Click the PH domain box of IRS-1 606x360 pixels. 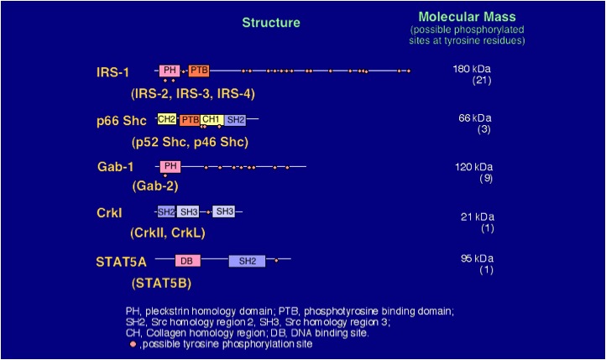(170, 70)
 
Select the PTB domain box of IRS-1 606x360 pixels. (199, 70)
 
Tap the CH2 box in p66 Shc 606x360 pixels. (166, 119)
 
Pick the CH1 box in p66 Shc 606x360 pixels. (212, 120)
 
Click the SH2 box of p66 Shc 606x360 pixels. (235, 120)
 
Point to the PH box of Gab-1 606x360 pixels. (170, 166)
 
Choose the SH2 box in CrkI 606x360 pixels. (166, 211)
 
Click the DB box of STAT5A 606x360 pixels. (188, 261)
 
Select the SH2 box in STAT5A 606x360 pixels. (247, 261)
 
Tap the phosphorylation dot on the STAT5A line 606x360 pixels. (276, 261)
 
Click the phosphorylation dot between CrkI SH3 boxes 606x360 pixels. (208, 212)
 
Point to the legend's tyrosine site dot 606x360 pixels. (133, 344)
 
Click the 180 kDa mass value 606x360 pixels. (472, 69)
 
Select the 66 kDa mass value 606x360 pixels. (475, 117)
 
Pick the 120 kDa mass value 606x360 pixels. (474, 167)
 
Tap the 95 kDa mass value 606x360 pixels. (477, 258)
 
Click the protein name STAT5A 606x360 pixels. (122, 262)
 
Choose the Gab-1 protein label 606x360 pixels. (116, 166)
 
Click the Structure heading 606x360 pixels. (271, 23)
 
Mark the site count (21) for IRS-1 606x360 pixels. (482, 81)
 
